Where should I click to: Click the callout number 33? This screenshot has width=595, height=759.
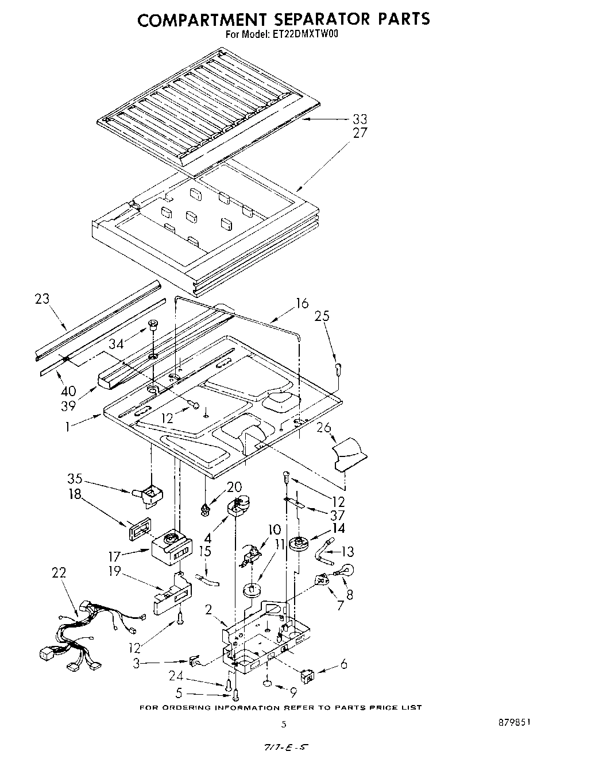(x=360, y=119)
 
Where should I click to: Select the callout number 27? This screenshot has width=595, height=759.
(x=360, y=133)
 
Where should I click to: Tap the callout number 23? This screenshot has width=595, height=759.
(x=42, y=299)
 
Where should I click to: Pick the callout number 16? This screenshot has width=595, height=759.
(x=302, y=303)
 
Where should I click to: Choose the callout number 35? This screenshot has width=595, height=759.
(x=75, y=479)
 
